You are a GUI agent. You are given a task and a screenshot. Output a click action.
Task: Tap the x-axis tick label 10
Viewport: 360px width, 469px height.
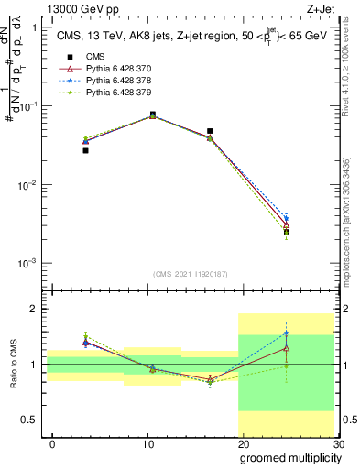click(147, 445)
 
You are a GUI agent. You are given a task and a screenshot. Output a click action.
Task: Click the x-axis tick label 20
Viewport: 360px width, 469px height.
click(243, 445)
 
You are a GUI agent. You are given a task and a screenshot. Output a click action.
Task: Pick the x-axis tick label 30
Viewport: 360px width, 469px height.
click(337, 445)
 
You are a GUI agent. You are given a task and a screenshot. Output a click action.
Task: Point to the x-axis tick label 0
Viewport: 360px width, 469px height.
click(52, 445)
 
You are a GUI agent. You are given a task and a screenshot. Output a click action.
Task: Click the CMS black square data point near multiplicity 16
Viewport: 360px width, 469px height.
click(210, 131)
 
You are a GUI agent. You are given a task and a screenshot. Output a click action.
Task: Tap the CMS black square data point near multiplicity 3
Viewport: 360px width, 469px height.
click(85, 150)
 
